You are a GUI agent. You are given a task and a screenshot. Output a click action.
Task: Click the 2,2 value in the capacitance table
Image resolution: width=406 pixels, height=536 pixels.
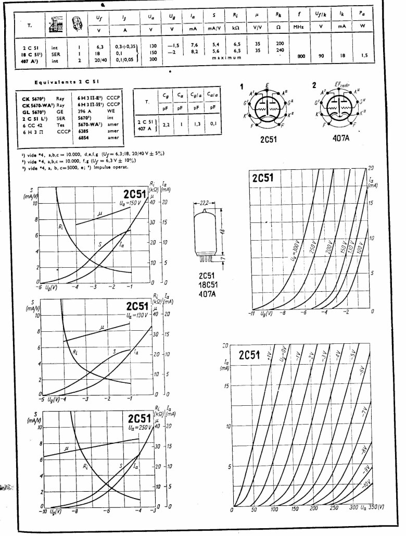click(x=166, y=126)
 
